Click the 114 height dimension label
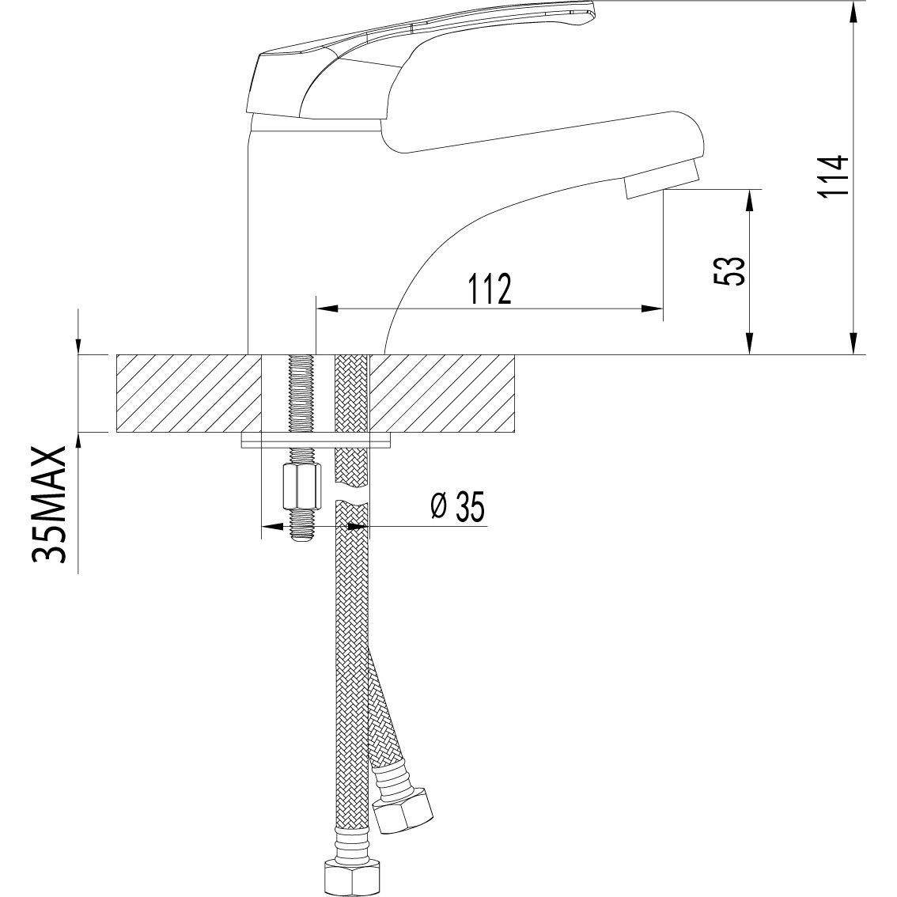pyautogui.click(x=832, y=175)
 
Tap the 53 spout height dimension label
pyautogui.click(x=729, y=271)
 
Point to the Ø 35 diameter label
pyautogui.click(x=457, y=506)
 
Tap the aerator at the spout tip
pyautogui.click(x=662, y=179)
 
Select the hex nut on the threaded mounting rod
pyautogui.click(x=301, y=486)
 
